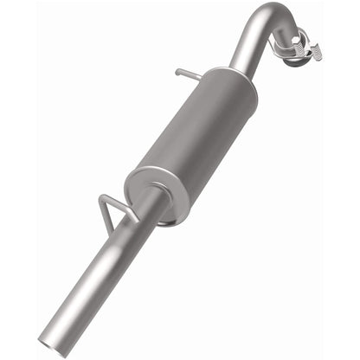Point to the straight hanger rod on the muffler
pos(190,73)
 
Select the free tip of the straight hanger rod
pos(177,72)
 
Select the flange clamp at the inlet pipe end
pos(299,43)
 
